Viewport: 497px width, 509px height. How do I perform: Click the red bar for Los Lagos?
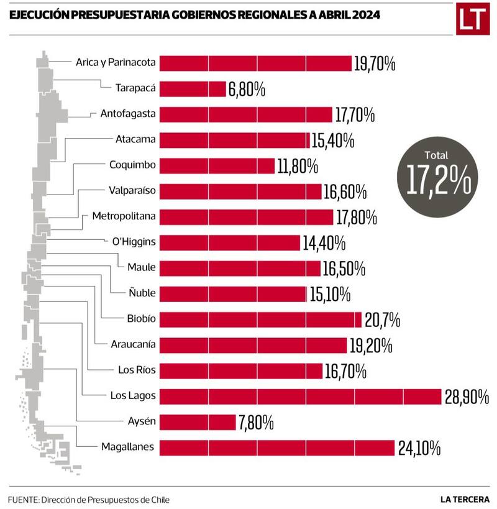(301, 396)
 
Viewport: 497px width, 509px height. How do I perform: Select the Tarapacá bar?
(193, 89)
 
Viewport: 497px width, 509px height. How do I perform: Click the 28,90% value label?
(467, 397)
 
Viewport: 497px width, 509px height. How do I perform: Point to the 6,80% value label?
(247, 89)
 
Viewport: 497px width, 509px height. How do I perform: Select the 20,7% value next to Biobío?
(382, 320)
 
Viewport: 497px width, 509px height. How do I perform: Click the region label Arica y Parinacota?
(116, 62)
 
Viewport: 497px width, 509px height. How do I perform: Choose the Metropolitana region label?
(124, 216)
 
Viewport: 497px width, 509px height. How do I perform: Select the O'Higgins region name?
(134, 242)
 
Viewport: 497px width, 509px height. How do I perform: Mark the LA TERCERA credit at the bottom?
(465, 499)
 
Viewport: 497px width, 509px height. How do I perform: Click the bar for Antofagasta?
(247, 114)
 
